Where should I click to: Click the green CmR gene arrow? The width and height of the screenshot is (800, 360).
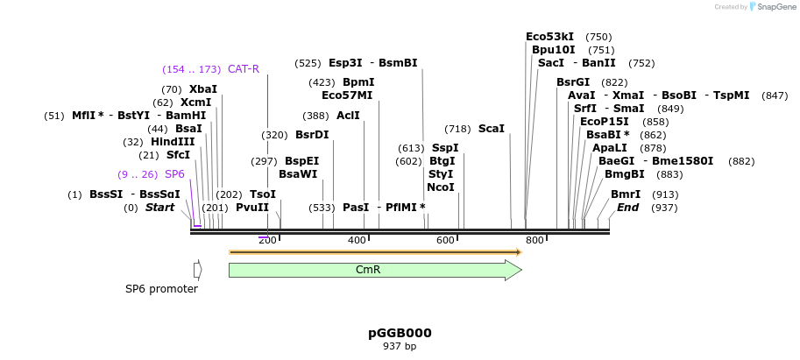pos(374,270)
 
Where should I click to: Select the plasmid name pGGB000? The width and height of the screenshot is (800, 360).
pos(400,333)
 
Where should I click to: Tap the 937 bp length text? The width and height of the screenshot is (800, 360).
pos(400,347)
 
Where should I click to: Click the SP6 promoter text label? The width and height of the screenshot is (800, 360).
pos(161,289)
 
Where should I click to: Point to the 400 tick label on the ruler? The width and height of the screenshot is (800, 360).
pos(357,240)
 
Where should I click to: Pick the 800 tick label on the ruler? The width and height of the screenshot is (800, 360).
pos(533,240)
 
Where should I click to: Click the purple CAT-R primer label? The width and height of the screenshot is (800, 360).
pos(244,69)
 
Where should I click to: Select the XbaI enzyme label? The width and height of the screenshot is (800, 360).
pos(203,89)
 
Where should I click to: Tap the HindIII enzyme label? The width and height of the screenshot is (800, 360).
pos(173,142)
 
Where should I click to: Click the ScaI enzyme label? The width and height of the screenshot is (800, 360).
pos(492,129)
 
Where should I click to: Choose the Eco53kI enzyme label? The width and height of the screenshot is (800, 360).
pos(549,37)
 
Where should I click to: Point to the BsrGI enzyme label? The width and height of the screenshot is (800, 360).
pos(573,82)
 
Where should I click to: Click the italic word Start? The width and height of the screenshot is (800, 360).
pos(160,208)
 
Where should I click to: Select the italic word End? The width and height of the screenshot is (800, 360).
pos(627,208)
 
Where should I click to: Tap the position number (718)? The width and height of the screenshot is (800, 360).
pos(457,129)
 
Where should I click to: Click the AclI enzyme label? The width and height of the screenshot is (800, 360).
pos(348,116)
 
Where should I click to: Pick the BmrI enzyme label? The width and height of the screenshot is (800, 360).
pos(626,194)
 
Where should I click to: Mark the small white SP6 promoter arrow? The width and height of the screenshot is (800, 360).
pos(198,270)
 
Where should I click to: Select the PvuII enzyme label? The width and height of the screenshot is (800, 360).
pos(252,208)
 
